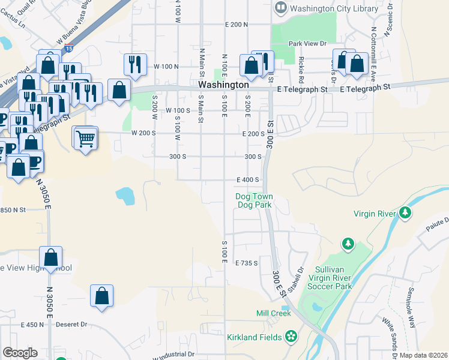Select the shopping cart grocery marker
pyautogui.click(x=85, y=139)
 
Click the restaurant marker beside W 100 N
pyautogui.click(x=135, y=64)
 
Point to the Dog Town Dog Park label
pyautogui.click(x=255, y=200)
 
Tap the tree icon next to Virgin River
pyautogui.click(x=406, y=213)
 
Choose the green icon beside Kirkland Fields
pyautogui.click(x=291, y=337)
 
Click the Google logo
pyautogui.click(x=20, y=353)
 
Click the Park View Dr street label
pyautogui.click(x=307, y=44)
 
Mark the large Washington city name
pyautogui.click(x=223, y=85)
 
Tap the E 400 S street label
pyautogui.click(x=247, y=179)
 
